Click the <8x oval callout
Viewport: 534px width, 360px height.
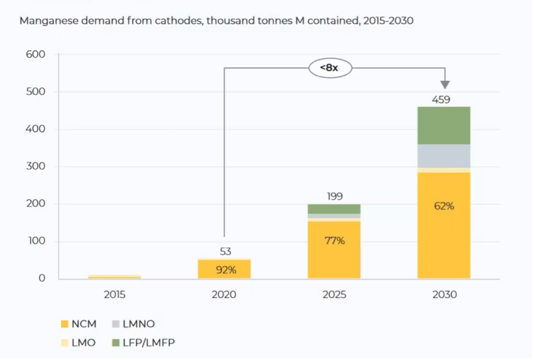(330, 68)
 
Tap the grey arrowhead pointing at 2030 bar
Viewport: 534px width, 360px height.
(445, 84)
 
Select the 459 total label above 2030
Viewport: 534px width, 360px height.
(441, 100)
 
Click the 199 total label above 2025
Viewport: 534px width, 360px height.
(335, 196)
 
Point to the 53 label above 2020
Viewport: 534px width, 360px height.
(225, 252)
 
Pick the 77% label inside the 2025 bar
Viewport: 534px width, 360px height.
(334, 241)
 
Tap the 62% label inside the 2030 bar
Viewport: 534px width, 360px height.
(444, 206)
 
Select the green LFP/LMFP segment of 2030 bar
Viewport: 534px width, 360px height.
(444, 125)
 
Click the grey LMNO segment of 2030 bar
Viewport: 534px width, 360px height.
(444, 156)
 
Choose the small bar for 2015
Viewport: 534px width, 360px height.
(114, 276)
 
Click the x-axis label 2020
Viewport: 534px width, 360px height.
(224, 295)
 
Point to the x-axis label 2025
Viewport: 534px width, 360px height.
(334, 295)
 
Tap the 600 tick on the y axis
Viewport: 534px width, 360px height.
(36, 54)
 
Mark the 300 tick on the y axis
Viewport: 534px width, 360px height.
(36, 166)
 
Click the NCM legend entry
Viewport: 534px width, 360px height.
(78, 324)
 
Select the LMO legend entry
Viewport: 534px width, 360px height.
(78, 342)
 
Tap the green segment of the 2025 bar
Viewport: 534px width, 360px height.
(334, 209)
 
